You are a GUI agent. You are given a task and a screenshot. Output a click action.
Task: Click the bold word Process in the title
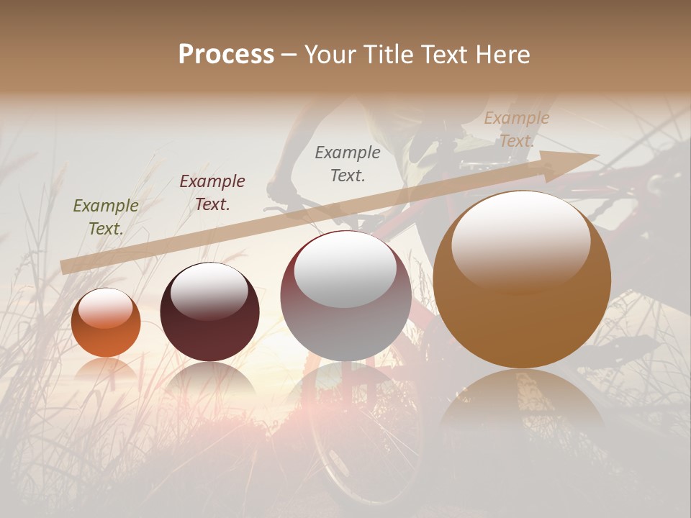(x=226, y=55)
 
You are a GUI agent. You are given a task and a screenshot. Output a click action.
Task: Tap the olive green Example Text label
(x=106, y=217)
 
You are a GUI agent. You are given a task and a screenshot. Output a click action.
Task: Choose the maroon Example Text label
(x=212, y=192)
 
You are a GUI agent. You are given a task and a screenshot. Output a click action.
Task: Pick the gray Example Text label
(x=348, y=163)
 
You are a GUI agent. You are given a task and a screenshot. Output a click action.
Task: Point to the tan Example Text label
(x=516, y=129)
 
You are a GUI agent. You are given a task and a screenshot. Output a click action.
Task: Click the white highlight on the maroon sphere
(x=209, y=290)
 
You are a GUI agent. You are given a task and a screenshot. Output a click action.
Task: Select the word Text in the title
(x=444, y=55)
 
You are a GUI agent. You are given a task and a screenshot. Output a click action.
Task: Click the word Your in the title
(x=330, y=55)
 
